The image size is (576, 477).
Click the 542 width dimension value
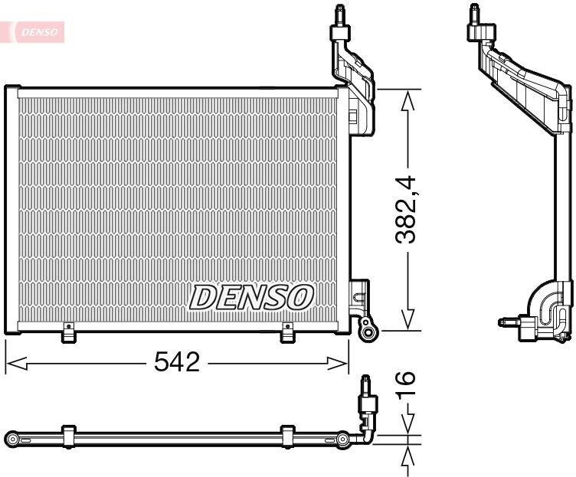click(177, 361)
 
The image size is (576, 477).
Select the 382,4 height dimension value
click(405, 210)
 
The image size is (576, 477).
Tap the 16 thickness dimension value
click(405, 383)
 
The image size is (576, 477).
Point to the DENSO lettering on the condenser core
click(251, 297)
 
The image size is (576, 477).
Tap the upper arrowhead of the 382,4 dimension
click(407, 100)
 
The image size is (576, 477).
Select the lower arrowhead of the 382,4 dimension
click(407, 319)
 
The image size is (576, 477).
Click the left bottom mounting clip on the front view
click(68, 332)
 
